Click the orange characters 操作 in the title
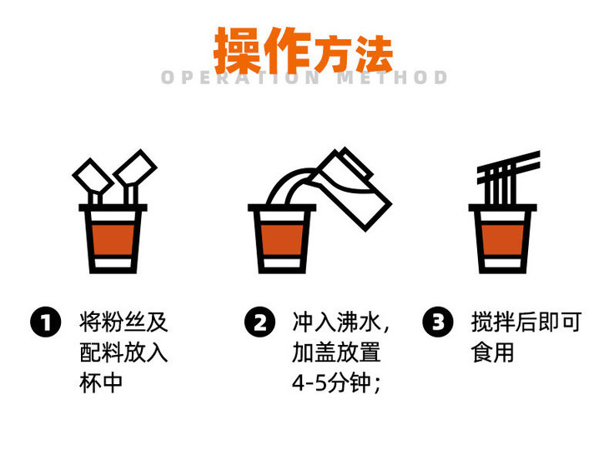click(x=262, y=51)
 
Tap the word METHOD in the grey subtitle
click(x=393, y=78)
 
